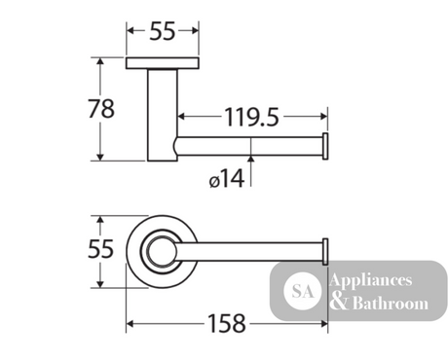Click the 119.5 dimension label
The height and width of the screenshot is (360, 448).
pos(251,117)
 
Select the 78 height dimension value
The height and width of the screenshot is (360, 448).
pos(101,109)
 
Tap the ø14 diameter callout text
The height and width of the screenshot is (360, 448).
pos(227,179)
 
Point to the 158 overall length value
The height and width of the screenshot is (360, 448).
pos(226,323)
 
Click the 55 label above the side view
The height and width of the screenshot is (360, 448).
pos(163,31)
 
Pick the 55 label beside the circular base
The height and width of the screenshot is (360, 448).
pos(101,249)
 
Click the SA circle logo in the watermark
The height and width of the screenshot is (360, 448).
pos(303,291)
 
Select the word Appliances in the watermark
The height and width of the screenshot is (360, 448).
pos(371,280)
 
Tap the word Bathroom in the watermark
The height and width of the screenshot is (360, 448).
pos(391,304)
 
